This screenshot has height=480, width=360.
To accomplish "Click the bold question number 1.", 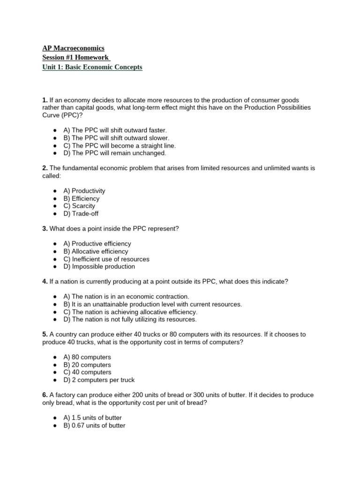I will [45, 100].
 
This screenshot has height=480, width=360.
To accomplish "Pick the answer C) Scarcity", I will [79, 206].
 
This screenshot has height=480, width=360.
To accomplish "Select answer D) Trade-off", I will [81, 214].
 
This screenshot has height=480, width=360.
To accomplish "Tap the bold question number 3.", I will [45, 229].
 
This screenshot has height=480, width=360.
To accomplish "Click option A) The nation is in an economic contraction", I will [126, 297].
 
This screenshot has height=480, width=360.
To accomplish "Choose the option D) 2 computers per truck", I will [99, 380].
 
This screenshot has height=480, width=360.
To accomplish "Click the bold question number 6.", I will [45, 395].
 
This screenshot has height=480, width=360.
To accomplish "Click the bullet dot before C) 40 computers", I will [55, 372].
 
